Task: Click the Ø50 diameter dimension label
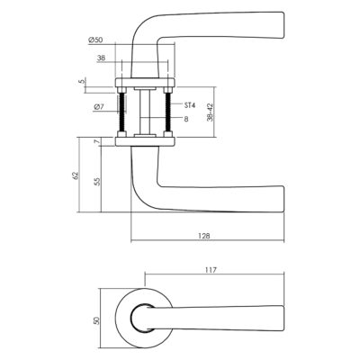tap(95, 40)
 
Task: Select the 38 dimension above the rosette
tap(101, 58)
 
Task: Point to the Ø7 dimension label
tap(98, 107)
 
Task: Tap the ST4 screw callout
tap(190, 105)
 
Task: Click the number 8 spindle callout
tap(186, 119)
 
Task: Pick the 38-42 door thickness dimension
tap(210, 112)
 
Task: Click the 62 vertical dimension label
tap(76, 175)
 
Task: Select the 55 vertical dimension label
tap(98, 182)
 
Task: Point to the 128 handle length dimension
tap(204, 236)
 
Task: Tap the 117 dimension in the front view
tap(211, 270)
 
